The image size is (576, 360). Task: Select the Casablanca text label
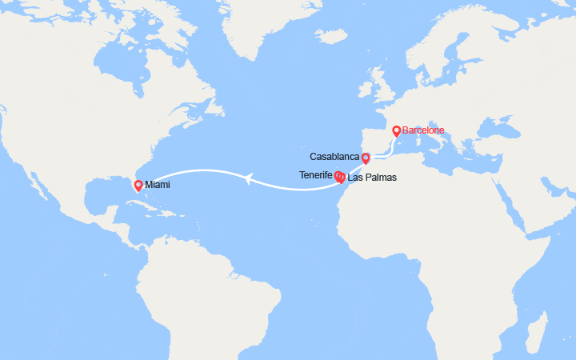click(334, 157)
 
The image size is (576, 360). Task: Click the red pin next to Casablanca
click(366, 157)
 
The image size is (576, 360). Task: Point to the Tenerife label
click(316, 174)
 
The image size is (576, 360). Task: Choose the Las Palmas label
click(371, 178)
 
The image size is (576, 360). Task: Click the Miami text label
click(158, 185)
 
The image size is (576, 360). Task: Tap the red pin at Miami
click(138, 186)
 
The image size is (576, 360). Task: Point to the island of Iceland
click(334, 37)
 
